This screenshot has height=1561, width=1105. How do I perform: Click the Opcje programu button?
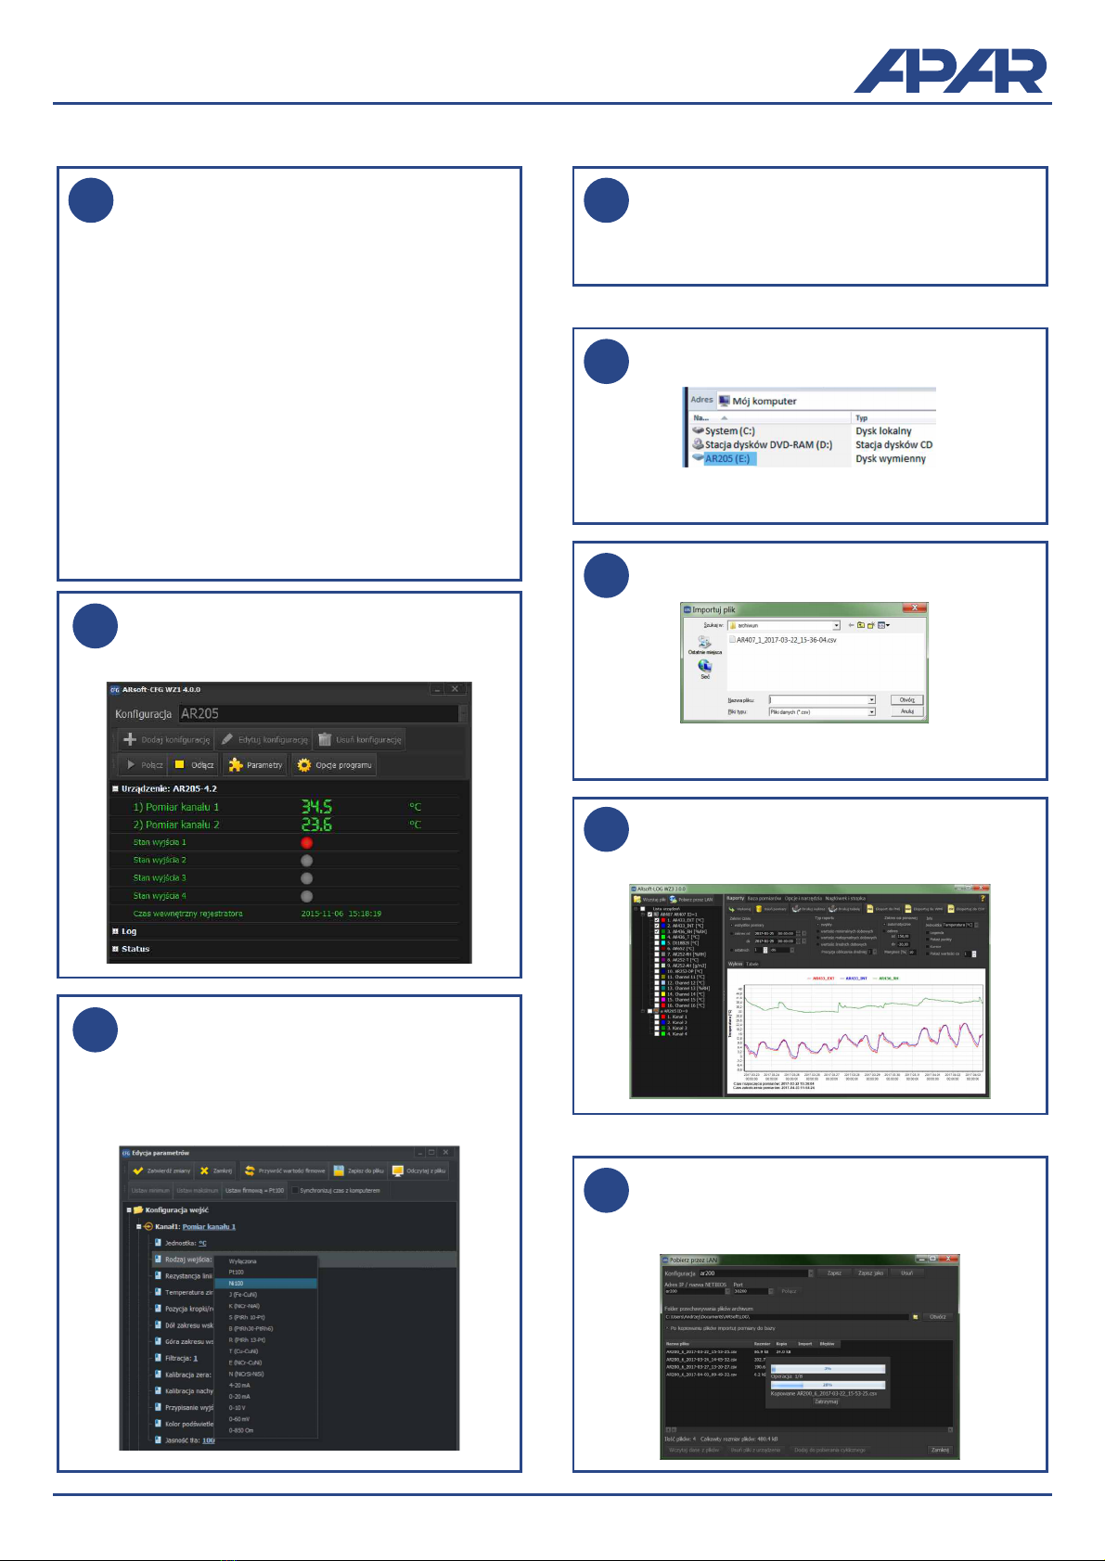pos(335,765)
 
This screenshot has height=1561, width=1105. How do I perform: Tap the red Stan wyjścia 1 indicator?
pos(307,842)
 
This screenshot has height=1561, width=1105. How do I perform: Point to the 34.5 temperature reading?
pos(316,807)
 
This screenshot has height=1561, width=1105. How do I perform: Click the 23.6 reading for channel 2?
pos(316,825)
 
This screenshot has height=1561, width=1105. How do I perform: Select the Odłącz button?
pos(195,765)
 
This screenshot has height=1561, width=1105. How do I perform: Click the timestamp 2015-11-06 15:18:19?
pos(341,914)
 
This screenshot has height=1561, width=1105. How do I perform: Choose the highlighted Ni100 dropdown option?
pos(266,1284)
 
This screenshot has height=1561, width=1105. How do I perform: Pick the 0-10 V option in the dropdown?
pos(239,1408)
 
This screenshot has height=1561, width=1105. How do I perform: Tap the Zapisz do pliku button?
pos(359,1171)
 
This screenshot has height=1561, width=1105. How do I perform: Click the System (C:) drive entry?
pos(729,431)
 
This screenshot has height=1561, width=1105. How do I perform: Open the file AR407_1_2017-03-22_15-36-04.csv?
pos(787,640)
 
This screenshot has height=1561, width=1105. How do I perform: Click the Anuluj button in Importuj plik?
pos(906,711)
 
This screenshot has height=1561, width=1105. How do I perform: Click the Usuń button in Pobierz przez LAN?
pos(906,1273)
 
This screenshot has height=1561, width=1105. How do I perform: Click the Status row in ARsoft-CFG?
pos(135,949)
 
